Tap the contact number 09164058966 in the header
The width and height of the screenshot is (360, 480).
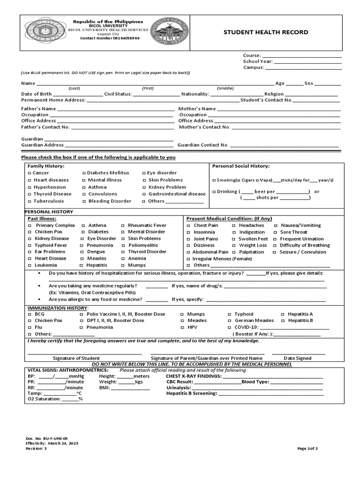[x=110, y=38]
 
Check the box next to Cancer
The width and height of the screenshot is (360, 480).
[x=29, y=173]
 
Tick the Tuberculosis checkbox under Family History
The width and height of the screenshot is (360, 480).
[x=29, y=201]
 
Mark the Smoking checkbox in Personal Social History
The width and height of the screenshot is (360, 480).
[x=214, y=180]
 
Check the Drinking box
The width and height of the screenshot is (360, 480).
[x=214, y=192]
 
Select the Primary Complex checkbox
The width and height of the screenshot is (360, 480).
[x=29, y=225]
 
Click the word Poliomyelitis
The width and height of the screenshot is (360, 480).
[x=143, y=245]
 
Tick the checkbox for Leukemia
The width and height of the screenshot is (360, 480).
[x=29, y=265]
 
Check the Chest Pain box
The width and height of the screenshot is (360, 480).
[x=188, y=225]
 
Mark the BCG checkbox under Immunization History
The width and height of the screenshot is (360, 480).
[x=29, y=314]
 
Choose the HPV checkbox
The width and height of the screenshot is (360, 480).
[x=182, y=327]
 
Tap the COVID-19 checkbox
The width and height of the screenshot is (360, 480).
[x=229, y=327]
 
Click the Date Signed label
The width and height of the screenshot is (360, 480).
[x=297, y=358]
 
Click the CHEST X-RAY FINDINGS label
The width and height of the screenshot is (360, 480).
[x=194, y=376]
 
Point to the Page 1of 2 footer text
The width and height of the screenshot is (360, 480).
[x=307, y=449]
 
